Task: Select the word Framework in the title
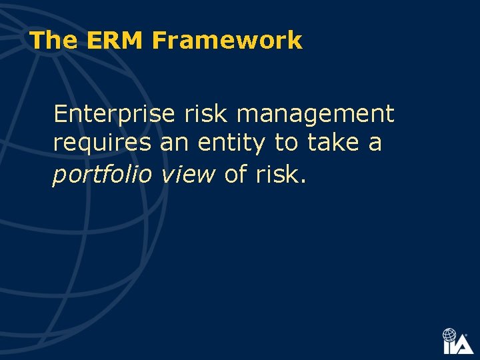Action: point(227,41)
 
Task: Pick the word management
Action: point(315,115)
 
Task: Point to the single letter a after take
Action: point(375,144)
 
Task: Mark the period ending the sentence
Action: point(304,181)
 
